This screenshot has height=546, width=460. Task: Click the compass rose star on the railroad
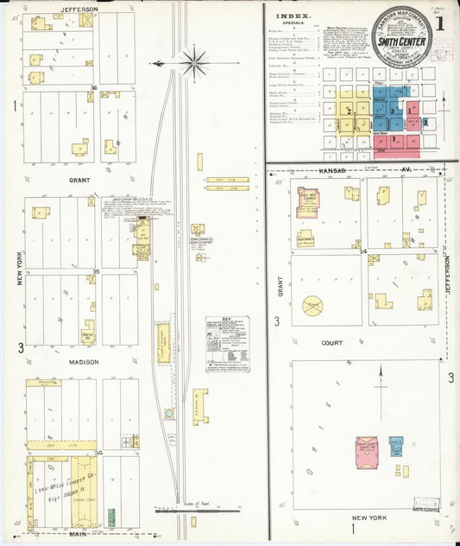pos(195,62)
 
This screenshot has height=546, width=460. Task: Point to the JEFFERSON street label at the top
pos(79,9)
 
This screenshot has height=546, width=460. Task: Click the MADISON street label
pos(84,362)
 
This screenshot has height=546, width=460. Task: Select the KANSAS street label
pos(331,171)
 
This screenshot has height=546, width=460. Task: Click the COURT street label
pos(331,342)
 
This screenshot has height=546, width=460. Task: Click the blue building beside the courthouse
pos(395,447)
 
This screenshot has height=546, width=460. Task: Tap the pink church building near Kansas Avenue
pos(307,200)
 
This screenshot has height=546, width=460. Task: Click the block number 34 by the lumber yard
pos(98,452)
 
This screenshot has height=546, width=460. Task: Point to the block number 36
pos(93,87)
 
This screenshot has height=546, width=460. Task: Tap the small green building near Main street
pos(110,518)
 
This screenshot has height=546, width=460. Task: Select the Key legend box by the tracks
pos(227,343)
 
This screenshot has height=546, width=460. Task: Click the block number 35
pos(97,271)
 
